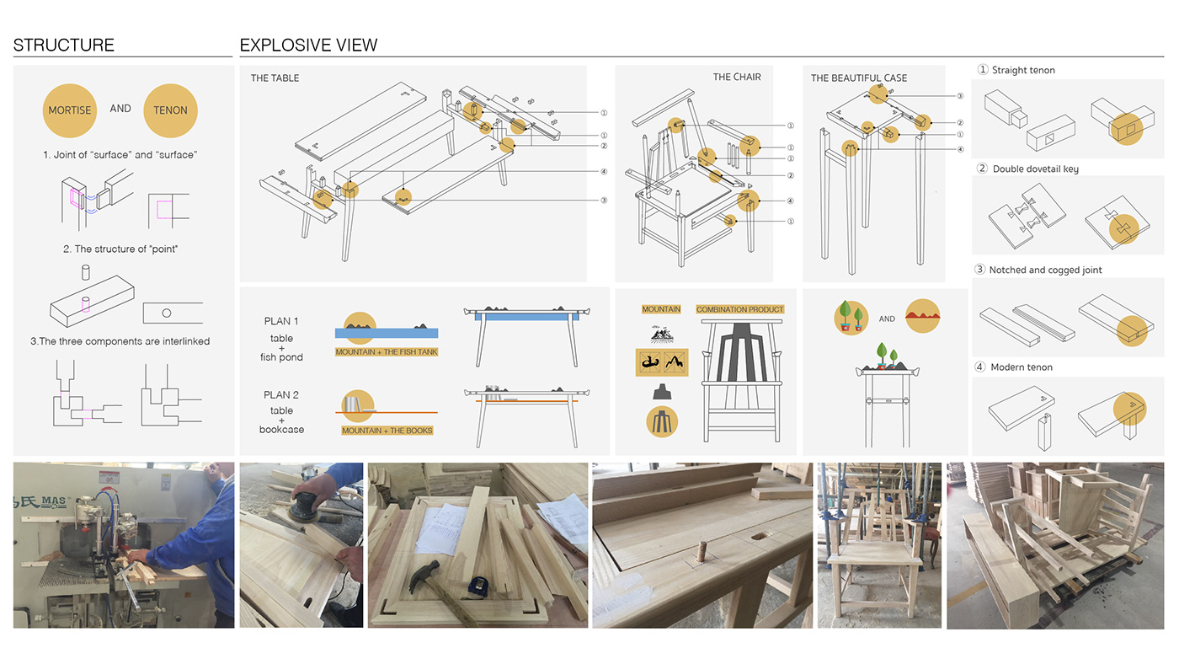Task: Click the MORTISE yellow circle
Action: [70, 110]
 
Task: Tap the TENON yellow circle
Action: [170, 110]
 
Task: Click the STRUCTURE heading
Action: [64, 46]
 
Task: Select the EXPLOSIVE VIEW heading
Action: [308, 46]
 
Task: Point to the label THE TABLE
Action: [275, 78]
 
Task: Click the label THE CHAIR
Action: [737, 78]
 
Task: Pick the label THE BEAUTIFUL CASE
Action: [859, 78]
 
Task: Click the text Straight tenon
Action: [1023, 71]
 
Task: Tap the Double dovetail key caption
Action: [1035, 169]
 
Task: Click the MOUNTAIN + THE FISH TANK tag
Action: [387, 352]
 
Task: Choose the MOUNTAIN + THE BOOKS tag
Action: [387, 431]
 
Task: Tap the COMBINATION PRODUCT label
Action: [739, 310]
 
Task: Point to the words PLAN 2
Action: [281, 395]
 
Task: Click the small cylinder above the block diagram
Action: [84, 273]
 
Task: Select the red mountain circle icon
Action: [922, 316]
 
